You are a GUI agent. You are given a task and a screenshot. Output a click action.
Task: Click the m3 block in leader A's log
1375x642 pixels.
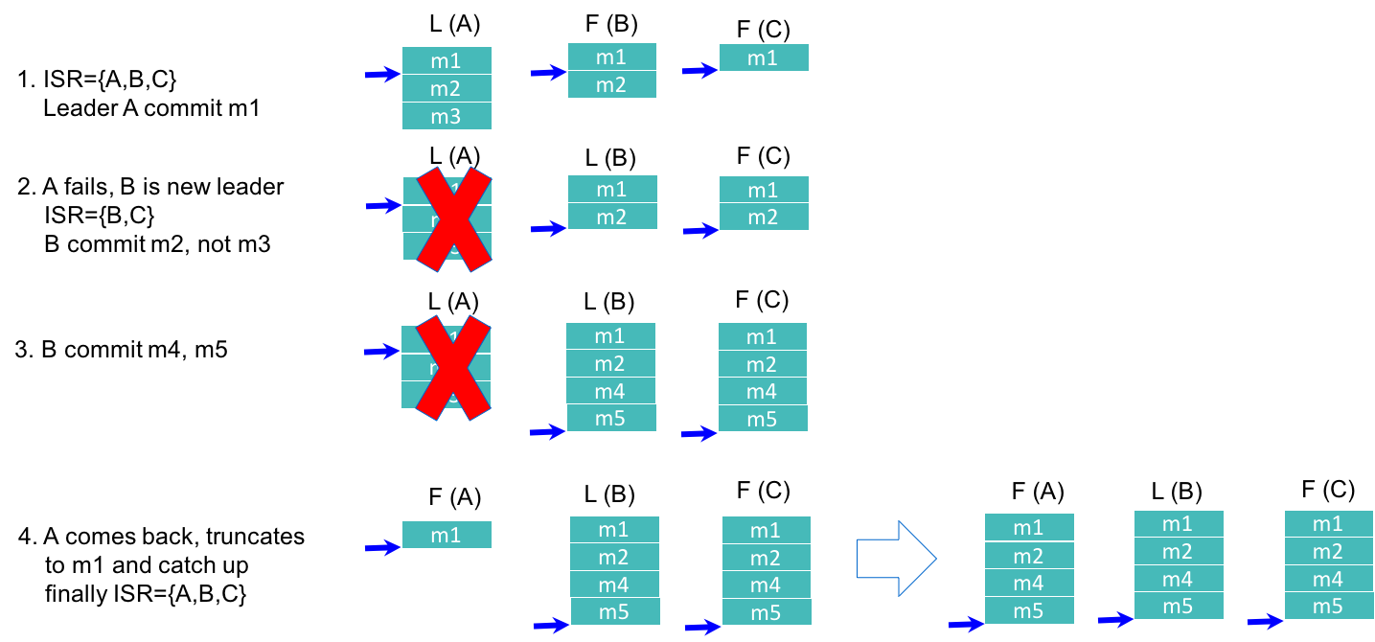tap(447, 116)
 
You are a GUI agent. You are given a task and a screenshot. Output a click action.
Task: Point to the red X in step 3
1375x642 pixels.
tap(447, 367)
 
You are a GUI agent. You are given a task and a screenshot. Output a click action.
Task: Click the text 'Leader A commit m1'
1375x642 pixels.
tap(151, 108)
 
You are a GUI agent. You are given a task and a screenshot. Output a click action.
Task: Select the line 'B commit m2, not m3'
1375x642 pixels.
tap(157, 244)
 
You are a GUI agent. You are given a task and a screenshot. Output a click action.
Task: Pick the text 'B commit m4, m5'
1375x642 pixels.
tap(134, 350)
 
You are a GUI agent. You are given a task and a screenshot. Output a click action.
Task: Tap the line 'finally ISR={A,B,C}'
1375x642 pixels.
tap(146, 594)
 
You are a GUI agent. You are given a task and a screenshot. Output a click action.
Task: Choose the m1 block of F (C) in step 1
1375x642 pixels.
tap(764, 58)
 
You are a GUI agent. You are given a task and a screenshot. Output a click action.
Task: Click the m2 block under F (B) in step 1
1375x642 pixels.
tap(612, 84)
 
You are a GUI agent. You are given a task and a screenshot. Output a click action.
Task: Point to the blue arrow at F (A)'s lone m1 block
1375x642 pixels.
tap(382, 548)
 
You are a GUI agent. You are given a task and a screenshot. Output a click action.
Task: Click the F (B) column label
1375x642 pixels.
tap(609, 24)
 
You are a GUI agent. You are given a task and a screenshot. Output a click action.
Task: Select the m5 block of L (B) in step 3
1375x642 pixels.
tap(611, 418)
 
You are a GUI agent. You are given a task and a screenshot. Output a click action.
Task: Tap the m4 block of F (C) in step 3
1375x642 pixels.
tap(763, 391)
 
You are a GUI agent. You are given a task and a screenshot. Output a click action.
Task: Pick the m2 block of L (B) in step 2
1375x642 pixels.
tap(612, 217)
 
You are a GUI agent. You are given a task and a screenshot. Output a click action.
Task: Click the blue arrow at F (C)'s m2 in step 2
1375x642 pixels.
tap(700, 230)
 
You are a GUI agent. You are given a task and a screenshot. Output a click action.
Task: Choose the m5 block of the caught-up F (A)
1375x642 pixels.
tap(1029, 610)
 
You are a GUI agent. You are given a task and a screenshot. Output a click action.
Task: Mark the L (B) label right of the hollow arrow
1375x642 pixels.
tap(1177, 493)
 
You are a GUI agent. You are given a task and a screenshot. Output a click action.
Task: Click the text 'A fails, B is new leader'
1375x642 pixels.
tap(150, 186)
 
